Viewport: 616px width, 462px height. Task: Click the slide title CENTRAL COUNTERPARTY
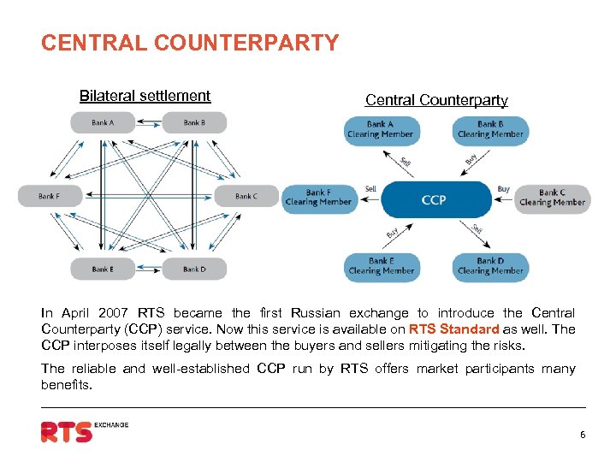pos(190,43)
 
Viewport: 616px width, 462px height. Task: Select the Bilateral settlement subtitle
pos(145,96)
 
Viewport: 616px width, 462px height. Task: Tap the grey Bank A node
pos(102,122)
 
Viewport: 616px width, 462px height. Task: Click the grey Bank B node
pos(193,122)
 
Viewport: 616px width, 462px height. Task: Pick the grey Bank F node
pos(50,196)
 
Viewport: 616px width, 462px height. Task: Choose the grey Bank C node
pos(246,196)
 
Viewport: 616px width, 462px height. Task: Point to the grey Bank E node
pos(102,269)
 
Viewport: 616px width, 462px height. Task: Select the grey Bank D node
pos(194,269)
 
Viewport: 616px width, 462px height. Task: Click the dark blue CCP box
pos(434,200)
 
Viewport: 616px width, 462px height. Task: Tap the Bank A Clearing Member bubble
pos(380,130)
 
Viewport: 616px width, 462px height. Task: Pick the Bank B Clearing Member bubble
pos(490,130)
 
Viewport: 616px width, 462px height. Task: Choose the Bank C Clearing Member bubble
pos(553,198)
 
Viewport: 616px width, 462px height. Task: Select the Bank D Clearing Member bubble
pos(490,267)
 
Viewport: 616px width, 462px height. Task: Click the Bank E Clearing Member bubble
pos(381,267)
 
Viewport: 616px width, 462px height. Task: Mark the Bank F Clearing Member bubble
pos(318,198)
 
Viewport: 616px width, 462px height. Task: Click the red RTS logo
pos(67,431)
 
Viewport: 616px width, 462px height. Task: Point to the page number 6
pos(583,435)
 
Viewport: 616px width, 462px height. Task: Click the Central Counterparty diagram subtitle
pos(436,100)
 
